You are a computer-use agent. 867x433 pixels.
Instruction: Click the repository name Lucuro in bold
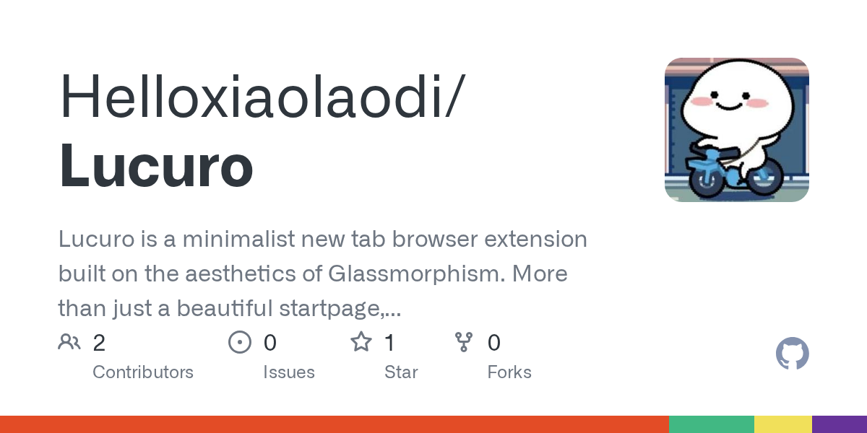(x=156, y=165)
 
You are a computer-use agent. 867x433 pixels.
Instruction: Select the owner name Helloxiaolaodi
(x=251, y=95)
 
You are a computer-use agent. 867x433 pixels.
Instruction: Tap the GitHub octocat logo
(x=793, y=354)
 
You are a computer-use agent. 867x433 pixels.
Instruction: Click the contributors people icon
(x=69, y=342)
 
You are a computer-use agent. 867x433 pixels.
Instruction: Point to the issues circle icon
(x=240, y=342)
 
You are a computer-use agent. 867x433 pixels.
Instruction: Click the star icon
(x=361, y=342)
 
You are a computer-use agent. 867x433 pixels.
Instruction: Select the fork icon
(x=464, y=342)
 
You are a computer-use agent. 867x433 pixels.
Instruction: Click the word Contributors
(x=143, y=372)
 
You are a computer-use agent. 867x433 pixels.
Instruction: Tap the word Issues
(x=289, y=372)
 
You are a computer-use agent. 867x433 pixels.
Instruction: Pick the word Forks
(x=509, y=372)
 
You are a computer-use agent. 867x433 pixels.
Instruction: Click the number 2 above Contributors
(x=99, y=343)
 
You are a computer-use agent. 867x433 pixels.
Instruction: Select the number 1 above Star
(x=389, y=343)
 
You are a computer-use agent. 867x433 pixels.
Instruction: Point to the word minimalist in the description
(x=238, y=239)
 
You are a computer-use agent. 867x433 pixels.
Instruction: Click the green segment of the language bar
(x=712, y=424)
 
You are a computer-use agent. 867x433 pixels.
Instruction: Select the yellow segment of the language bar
(x=783, y=424)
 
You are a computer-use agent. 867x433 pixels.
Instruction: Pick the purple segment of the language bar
(x=840, y=424)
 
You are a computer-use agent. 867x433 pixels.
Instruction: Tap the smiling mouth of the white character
(x=729, y=106)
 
